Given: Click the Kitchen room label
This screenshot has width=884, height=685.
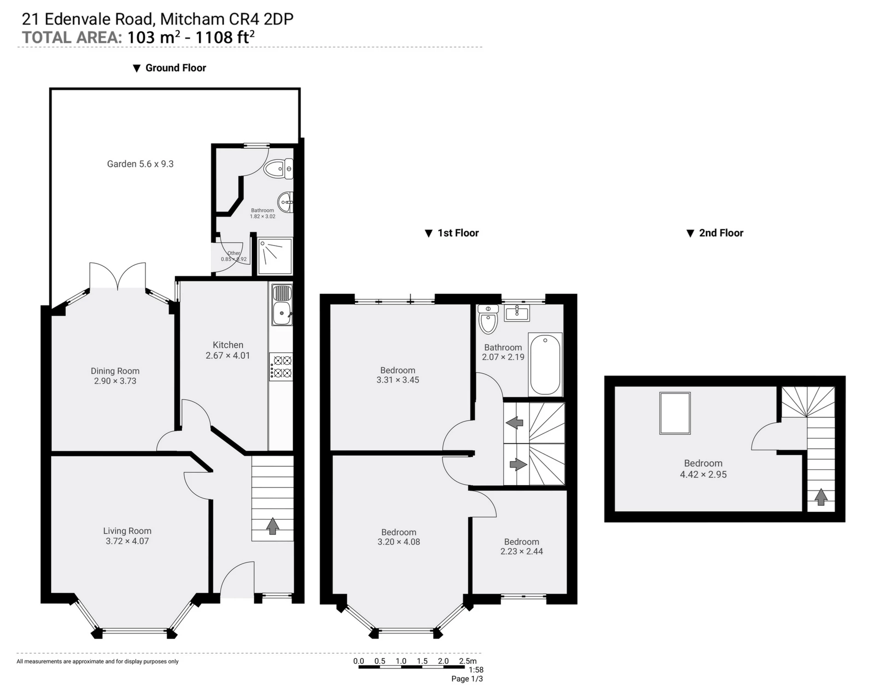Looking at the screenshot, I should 228,345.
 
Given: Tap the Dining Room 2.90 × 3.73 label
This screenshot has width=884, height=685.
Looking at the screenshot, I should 115,376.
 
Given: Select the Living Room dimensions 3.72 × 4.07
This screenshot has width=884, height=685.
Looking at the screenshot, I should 128,541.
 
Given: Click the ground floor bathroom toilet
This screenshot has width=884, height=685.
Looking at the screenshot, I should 279,169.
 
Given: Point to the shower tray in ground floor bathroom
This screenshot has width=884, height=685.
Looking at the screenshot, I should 275,256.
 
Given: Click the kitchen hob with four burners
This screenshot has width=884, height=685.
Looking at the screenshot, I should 281,367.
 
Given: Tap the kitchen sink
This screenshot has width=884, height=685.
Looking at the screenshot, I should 282,314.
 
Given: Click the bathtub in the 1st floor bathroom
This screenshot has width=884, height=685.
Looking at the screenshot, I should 545,364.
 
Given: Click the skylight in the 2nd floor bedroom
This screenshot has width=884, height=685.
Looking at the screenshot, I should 675,413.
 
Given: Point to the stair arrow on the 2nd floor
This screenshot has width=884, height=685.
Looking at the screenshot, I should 821,497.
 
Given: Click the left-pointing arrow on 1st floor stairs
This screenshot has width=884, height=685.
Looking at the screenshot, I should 514,422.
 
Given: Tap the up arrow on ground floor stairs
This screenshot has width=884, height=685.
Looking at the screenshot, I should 273,526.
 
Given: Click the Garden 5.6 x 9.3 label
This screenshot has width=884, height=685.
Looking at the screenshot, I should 140,164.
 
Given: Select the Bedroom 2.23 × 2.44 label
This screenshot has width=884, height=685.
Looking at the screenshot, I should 522,547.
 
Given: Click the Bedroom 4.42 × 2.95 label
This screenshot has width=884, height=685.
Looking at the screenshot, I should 703,469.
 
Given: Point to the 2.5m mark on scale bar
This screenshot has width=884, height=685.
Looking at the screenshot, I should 467,661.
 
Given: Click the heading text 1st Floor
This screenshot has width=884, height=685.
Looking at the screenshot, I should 458,233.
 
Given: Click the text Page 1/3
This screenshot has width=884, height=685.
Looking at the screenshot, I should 467,679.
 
